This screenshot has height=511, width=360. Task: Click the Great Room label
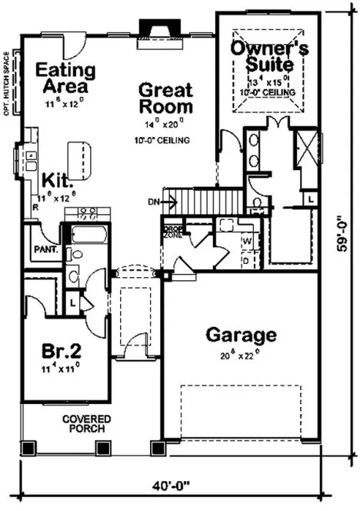click(165, 99)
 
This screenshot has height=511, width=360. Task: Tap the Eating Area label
click(65, 78)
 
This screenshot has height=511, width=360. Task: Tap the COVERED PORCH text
click(87, 424)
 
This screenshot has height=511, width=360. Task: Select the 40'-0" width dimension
click(175, 487)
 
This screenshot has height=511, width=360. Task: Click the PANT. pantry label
click(42, 249)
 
